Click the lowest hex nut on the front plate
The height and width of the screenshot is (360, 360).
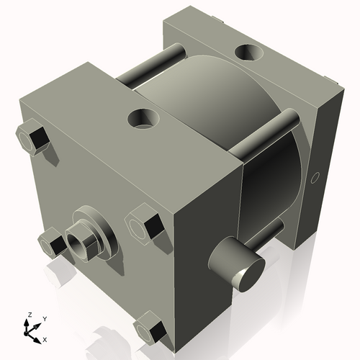(150, 330)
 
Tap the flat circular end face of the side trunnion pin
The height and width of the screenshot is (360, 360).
(249, 274)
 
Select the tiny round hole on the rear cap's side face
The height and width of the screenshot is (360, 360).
(314, 177)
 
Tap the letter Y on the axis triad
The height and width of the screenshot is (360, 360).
(44, 318)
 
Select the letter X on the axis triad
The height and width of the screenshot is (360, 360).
(45, 338)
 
